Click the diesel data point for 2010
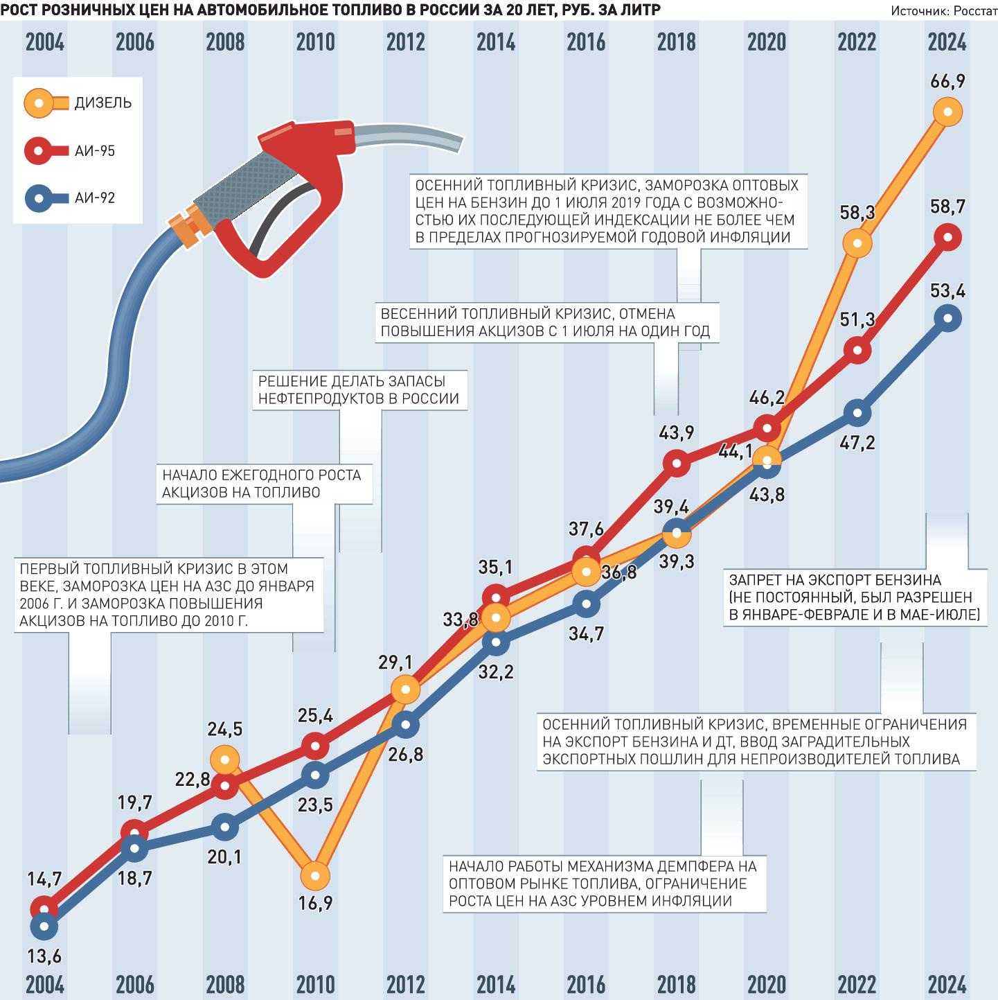tap(315, 875)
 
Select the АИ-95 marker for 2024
tap(947, 237)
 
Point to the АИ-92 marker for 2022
tap(857, 413)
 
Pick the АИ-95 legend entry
tap(71, 151)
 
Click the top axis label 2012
tap(405, 42)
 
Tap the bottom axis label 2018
tap(677, 984)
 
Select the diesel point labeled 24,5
tap(225, 760)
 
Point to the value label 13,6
tap(44, 956)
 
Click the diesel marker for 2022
tap(857, 243)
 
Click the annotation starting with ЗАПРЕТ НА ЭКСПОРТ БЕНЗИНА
tap(855, 597)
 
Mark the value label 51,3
tap(857, 319)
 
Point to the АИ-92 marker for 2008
tap(225, 826)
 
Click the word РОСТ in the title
tap(16, 10)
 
